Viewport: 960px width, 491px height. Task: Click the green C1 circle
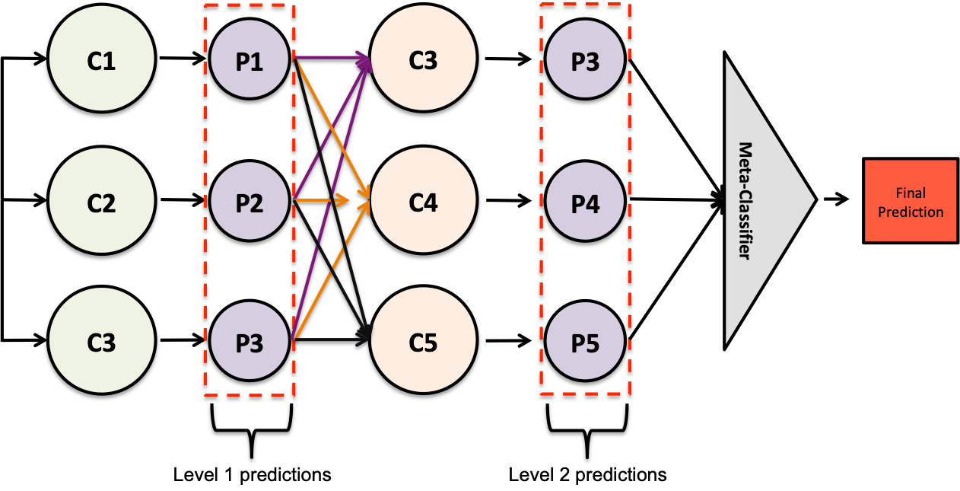click(x=102, y=59)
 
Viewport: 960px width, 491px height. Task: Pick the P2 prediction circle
click(x=250, y=202)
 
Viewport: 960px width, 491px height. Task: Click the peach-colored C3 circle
click(x=424, y=59)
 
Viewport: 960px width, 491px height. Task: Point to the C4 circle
click(x=424, y=202)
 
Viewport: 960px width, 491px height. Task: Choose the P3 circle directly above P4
click(x=585, y=61)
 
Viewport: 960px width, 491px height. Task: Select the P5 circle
click(x=585, y=342)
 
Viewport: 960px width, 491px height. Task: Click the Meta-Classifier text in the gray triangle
click(x=745, y=201)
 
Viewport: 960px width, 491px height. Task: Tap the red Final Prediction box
click(x=910, y=201)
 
